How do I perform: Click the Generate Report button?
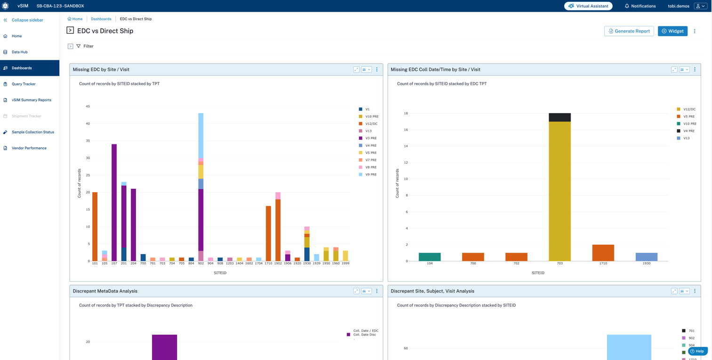629,31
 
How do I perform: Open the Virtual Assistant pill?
588,6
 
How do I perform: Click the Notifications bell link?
640,6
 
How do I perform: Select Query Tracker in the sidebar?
24,84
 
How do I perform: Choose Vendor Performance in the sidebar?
29,148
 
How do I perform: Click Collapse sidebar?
27,20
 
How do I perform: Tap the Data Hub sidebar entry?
19,52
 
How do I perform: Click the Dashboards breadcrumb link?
101,19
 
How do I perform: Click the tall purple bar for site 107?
114,202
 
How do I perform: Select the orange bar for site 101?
95,226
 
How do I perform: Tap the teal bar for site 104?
430,257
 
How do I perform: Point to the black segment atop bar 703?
560,117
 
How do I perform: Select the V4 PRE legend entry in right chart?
688,131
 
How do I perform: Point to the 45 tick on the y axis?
88,106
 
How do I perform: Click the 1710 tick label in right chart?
603,264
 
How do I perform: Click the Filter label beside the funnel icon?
88,46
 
